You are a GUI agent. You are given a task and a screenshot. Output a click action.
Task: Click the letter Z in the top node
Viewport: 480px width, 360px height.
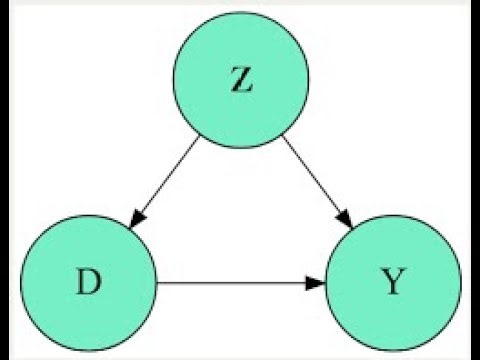click(241, 81)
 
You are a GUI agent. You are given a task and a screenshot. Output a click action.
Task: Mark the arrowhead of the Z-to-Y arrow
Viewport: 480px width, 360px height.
click(344, 218)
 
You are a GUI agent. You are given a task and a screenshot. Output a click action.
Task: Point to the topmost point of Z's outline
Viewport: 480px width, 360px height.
click(241, 14)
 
